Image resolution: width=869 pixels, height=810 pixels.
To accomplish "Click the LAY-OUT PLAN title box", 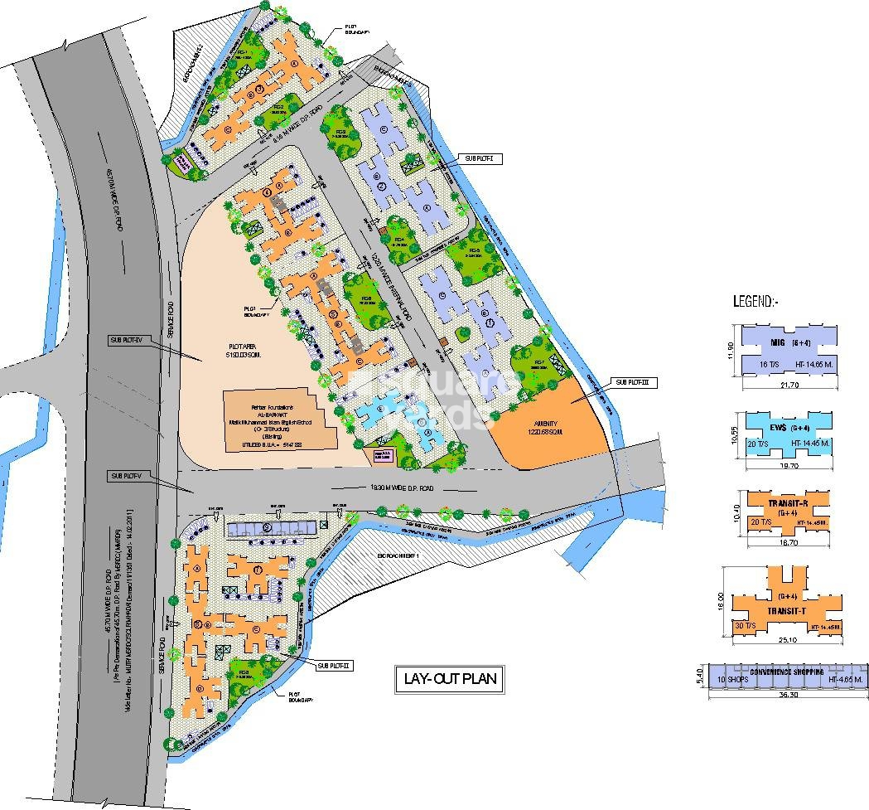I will [x=447, y=679].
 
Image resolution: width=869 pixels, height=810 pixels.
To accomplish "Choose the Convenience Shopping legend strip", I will [x=786, y=676].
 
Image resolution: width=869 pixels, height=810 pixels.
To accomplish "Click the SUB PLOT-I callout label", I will [x=478, y=157].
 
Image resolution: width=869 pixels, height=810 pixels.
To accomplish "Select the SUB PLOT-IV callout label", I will [x=128, y=340].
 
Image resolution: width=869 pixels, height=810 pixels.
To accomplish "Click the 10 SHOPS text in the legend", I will [x=734, y=680].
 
